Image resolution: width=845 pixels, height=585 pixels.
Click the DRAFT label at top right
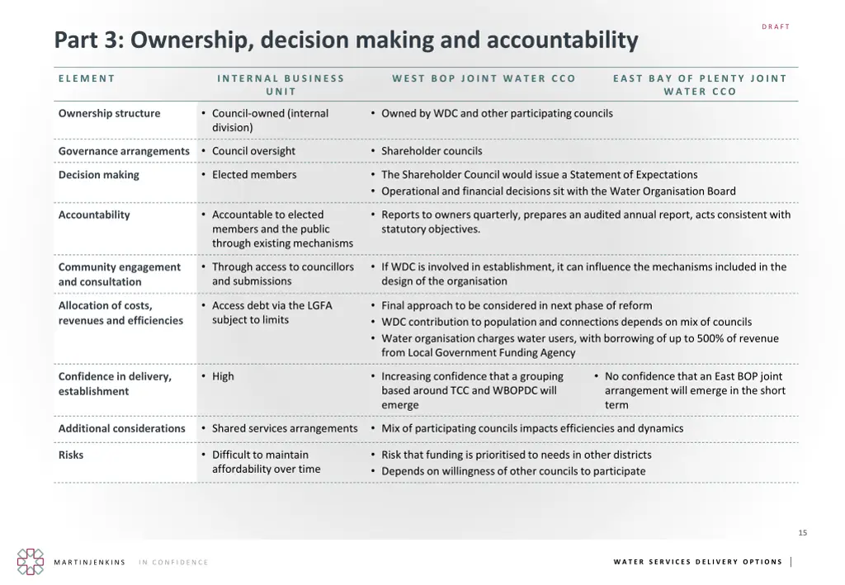coord(776,27)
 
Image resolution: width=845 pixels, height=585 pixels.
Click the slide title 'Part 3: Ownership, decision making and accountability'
coord(346,40)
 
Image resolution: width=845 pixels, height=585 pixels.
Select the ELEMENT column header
coord(87,78)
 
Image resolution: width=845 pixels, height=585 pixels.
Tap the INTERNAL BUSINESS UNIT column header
coord(281,85)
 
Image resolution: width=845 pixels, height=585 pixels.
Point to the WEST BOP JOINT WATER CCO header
coord(484,78)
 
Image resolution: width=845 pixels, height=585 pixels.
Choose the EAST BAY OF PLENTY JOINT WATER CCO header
coord(700,85)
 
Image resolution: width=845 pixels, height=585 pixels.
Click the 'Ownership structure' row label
coord(109,113)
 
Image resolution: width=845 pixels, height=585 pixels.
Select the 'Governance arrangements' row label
coord(124,151)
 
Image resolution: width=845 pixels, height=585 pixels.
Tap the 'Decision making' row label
coord(98,175)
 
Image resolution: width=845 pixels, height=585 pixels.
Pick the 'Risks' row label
coord(71,455)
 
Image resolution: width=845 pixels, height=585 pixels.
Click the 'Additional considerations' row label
coord(121,428)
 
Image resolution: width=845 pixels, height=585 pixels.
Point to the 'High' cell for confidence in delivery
coord(223,376)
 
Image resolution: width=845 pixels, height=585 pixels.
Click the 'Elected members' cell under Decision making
coord(253,175)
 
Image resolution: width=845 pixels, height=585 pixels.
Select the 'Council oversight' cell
coord(253,151)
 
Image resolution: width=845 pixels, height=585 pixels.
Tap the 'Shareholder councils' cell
coord(432,151)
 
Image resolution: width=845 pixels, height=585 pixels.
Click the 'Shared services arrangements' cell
coord(285,428)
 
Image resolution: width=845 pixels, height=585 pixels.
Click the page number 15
coord(803,533)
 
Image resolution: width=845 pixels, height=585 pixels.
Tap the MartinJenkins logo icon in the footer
coord(31,562)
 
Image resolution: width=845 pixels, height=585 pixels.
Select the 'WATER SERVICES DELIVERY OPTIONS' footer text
coord(698,562)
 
